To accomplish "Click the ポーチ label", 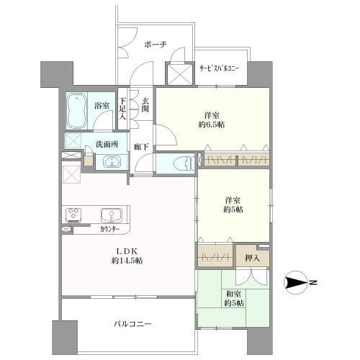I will pyautogui.click(x=156, y=45).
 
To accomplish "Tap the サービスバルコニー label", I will pyautogui.click(x=220, y=69).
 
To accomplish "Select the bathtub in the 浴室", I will pyautogui.click(x=78, y=112).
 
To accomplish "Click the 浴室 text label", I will pyautogui.click(x=102, y=106).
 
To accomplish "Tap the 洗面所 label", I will pyautogui.click(x=107, y=143).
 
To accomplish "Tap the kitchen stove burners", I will pyautogui.click(x=73, y=215).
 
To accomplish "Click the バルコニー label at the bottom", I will pyautogui.click(x=131, y=324).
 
